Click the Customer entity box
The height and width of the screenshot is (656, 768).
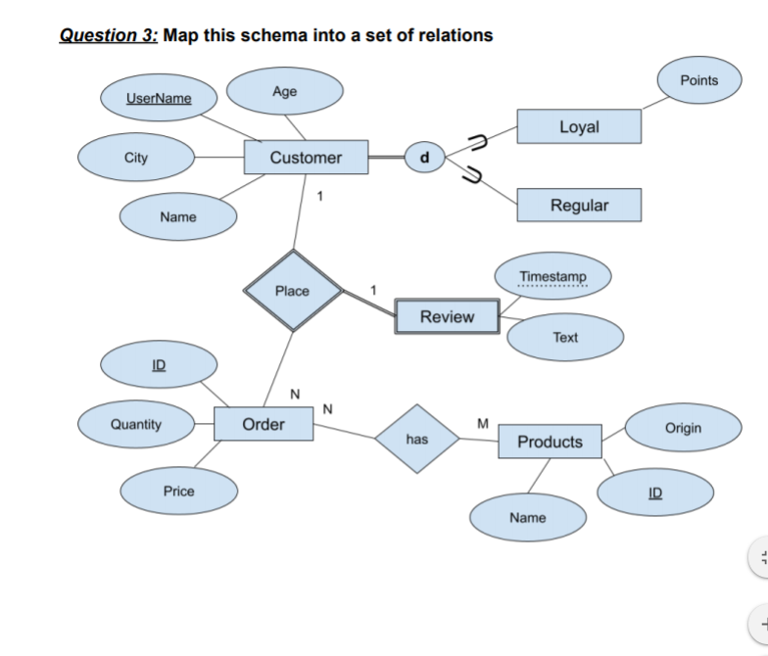(306, 158)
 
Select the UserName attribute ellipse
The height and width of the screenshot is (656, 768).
(159, 99)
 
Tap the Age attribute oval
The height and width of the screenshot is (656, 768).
(285, 92)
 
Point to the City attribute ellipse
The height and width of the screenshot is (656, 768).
(136, 159)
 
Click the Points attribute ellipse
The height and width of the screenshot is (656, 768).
(698, 80)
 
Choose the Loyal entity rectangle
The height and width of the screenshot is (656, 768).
(579, 127)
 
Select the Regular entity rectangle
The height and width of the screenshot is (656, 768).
(579, 206)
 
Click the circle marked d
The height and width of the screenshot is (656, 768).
(424, 157)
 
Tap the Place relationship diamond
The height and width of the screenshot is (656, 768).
(292, 291)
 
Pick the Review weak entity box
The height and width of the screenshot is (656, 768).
(447, 317)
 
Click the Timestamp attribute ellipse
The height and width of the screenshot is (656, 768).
(553, 277)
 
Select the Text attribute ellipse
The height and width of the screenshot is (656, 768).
(565, 338)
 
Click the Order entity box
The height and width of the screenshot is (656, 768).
(264, 424)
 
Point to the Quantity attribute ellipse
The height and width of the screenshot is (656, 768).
(135, 424)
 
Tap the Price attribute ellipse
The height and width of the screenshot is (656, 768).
(178, 492)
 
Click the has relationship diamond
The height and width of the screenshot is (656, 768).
(417, 440)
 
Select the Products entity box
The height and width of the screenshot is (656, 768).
(550, 442)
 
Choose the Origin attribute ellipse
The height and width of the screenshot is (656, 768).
(683, 429)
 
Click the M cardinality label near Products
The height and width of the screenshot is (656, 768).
(481, 423)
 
